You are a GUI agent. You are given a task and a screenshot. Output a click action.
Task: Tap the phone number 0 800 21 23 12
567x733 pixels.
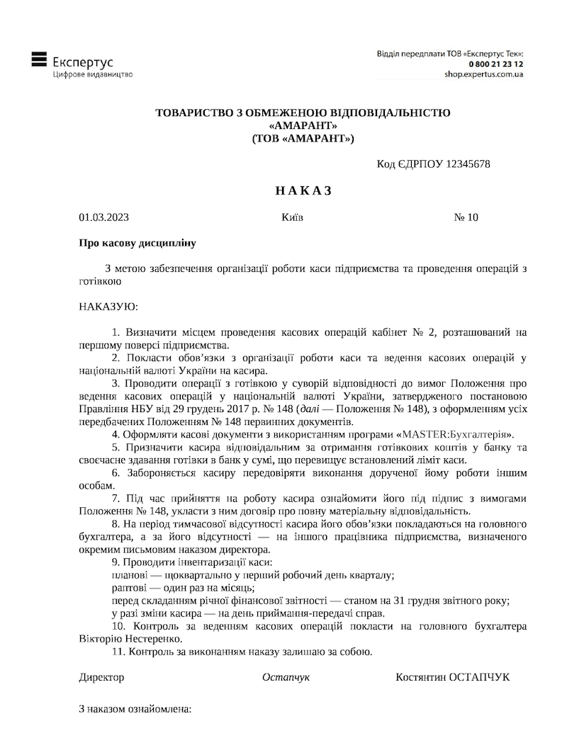[495, 64]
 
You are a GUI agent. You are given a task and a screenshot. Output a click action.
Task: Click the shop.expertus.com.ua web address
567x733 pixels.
[484, 74]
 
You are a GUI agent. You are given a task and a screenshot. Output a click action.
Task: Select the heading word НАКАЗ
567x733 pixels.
[303, 191]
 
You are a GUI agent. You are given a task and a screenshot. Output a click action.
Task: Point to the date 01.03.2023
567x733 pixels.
[103, 217]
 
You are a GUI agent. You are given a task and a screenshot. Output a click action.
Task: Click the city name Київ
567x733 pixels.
[292, 217]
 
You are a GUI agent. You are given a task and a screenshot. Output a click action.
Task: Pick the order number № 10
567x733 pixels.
[466, 217]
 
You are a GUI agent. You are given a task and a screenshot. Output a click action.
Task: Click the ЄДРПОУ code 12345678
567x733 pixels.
[466, 164]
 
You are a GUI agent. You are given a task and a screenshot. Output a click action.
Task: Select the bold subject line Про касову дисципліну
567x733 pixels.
[137, 243]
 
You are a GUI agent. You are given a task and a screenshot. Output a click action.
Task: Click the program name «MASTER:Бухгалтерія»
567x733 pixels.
[458, 434]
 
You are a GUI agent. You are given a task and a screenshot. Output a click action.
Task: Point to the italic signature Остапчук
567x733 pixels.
[286, 677]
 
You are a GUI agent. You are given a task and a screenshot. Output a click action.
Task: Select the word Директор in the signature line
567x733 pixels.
[101, 677]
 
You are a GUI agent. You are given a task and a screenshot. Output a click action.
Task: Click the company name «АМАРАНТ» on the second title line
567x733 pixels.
[303, 125]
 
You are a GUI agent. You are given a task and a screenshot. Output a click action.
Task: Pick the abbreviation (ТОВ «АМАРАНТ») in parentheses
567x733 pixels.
[303, 138]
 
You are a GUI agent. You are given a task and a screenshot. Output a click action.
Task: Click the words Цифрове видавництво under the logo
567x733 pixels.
[92, 74]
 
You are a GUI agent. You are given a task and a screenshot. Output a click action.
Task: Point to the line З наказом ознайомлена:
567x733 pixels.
[135, 709]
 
